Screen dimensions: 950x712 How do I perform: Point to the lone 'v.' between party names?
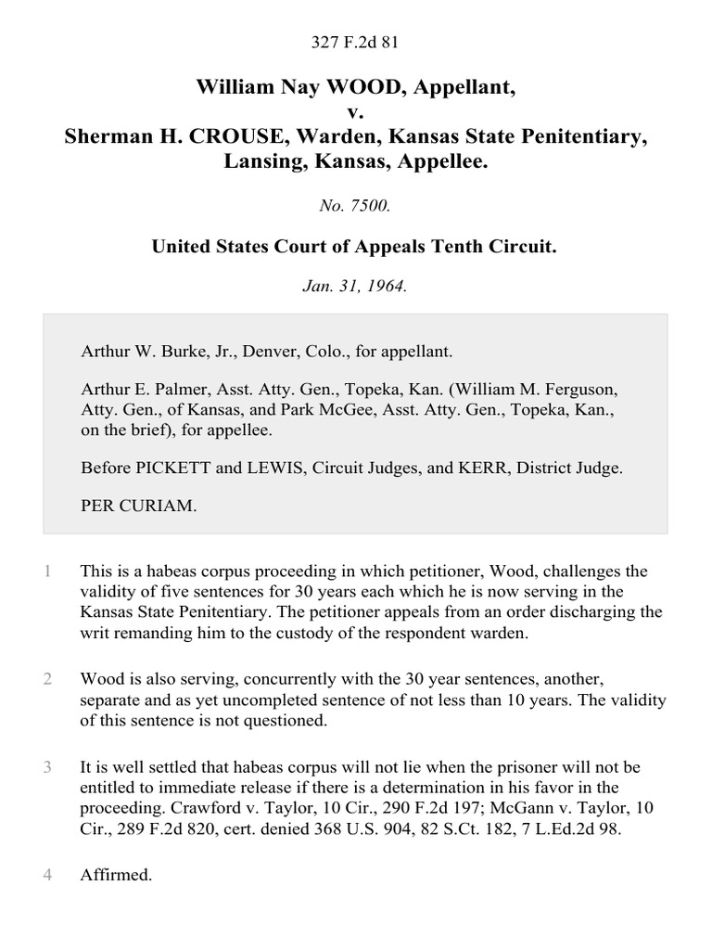coord(356,113)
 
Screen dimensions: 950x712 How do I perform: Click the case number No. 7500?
coord(356,207)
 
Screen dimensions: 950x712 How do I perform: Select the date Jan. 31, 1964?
coord(356,287)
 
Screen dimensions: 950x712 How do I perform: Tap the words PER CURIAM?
coord(139,507)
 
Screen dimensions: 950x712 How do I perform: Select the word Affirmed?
coord(116,875)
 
